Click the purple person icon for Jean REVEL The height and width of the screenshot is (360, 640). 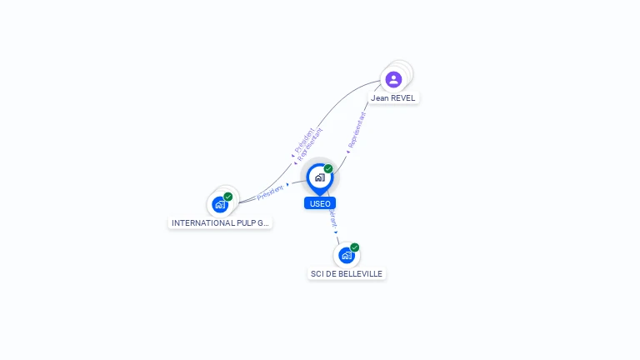click(393, 79)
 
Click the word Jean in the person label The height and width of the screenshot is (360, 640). click(380, 98)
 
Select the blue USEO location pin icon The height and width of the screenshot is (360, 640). click(319, 177)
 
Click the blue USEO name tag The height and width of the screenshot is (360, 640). click(320, 203)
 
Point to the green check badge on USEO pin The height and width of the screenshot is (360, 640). click(328, 169)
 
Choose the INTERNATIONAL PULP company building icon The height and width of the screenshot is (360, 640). click(219, 204)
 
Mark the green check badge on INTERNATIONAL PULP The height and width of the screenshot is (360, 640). click(228, 197)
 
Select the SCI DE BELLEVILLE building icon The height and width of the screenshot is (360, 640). click(346, 255)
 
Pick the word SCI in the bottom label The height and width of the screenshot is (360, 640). click(317, 274)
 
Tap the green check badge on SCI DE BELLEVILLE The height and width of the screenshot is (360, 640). click(355, 247)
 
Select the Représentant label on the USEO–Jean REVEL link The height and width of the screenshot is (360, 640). click(357, 130)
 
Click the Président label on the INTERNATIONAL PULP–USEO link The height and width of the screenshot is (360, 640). click(270, 192)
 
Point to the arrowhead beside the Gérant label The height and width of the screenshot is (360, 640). click(337, 232)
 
